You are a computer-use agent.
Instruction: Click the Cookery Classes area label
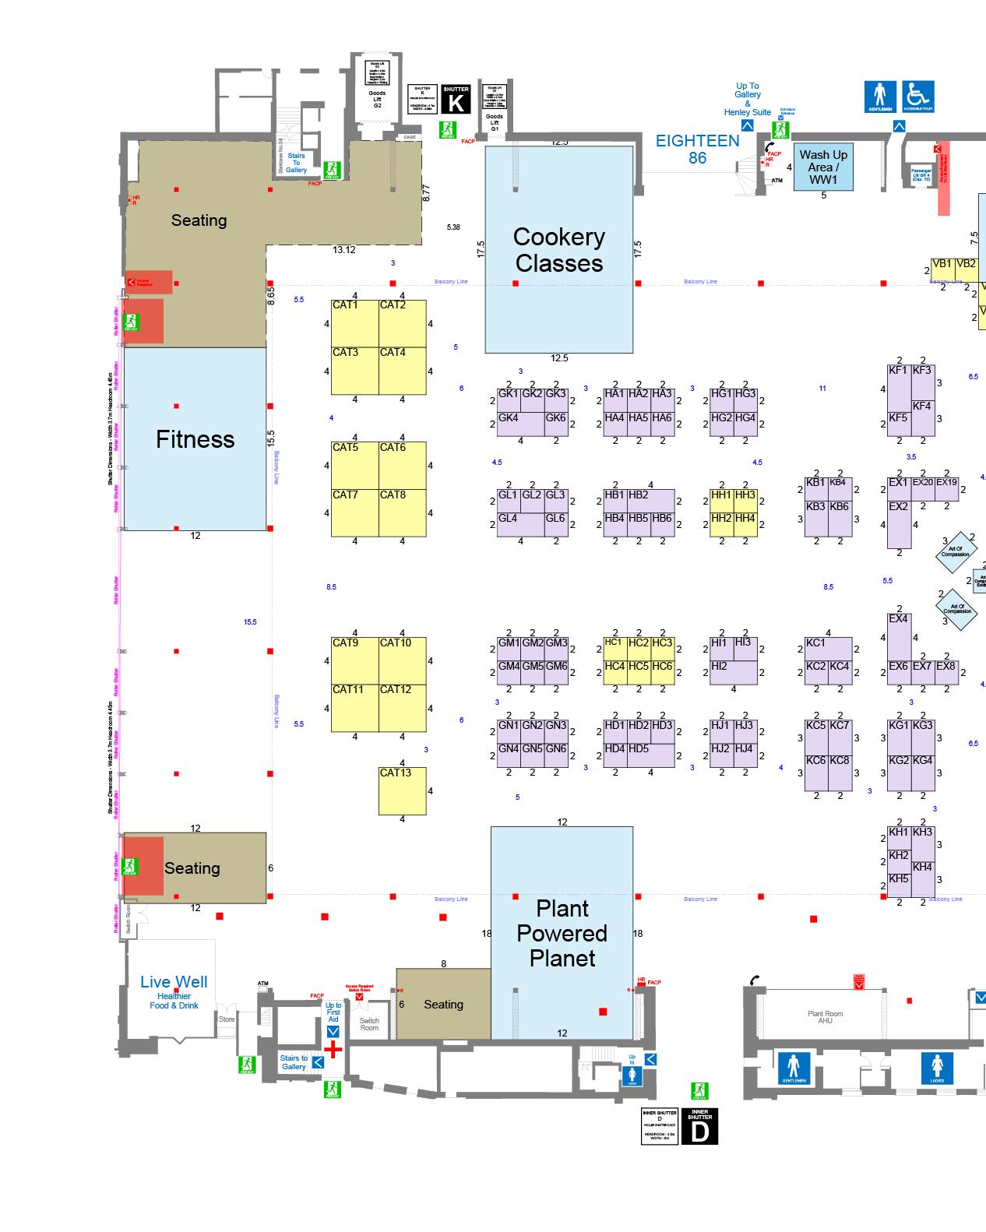click(559, 250)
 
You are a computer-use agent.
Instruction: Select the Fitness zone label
click(195, 439)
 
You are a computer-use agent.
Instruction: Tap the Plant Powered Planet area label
click(562, 933)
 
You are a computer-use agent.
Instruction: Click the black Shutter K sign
click(456, 100)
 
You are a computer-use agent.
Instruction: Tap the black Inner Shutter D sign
click(699, 1127)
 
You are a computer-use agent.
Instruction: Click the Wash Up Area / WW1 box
click(823, 167)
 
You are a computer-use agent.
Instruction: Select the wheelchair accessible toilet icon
click(918, 97)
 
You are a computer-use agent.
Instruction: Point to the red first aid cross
click(333, 1050)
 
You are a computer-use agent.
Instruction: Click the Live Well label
click(174, 983)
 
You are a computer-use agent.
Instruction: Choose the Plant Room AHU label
click(825, 1017)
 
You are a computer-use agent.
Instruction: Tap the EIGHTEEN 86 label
click(697, 149)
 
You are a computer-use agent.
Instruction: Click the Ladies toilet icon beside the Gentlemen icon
click(937, 1068)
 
